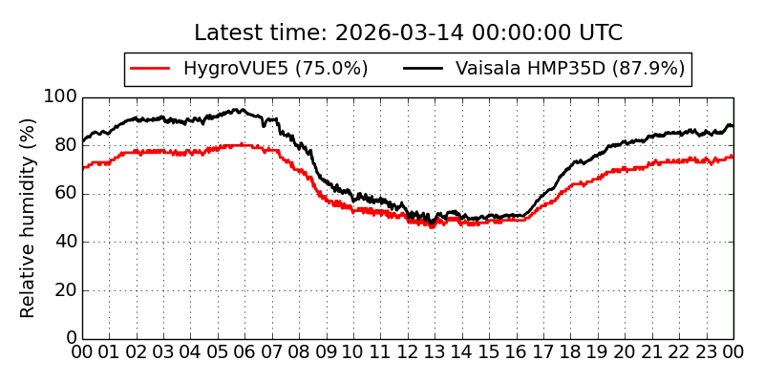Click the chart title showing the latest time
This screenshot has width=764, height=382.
(408, 33)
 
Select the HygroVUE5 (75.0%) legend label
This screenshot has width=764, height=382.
(275, 69)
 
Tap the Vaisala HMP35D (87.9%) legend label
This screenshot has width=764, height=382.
(570, 69)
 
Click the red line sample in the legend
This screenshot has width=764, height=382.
(150, 69)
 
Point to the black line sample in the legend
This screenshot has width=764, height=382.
(423, 69)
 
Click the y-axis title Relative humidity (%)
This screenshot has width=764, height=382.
(29, 218)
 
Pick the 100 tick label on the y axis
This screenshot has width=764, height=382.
(59, 97)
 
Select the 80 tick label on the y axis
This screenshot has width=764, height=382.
(64, 146)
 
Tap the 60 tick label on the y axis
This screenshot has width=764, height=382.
(64, 194)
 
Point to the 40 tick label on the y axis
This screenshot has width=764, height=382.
(64, 243)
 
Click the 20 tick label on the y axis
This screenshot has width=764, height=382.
(64, 290)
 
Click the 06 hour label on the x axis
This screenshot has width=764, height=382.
(245, 352)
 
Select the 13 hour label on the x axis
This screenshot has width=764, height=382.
(435, 352)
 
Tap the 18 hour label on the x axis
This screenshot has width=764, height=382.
(571, 352)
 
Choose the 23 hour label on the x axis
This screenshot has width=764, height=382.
(707, 352)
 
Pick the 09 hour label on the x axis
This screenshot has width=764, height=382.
(327, 352)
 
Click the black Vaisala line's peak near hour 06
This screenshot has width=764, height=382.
(239, 110)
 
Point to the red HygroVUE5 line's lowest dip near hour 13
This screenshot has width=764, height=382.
(432, 226)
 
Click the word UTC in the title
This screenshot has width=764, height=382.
(602, 33)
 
